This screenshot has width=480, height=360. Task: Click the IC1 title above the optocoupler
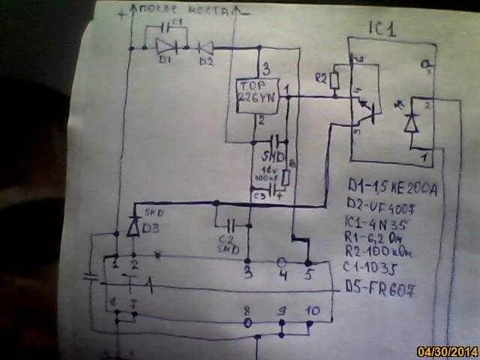click(x=383, y=29)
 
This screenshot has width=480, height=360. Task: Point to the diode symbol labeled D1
click(x=165, y=46)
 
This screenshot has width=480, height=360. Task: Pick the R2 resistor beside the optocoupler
click(x=335, y=81)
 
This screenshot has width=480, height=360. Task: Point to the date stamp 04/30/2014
click(x=447, y=351)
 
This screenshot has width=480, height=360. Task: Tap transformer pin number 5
click(x=307, y=274)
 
